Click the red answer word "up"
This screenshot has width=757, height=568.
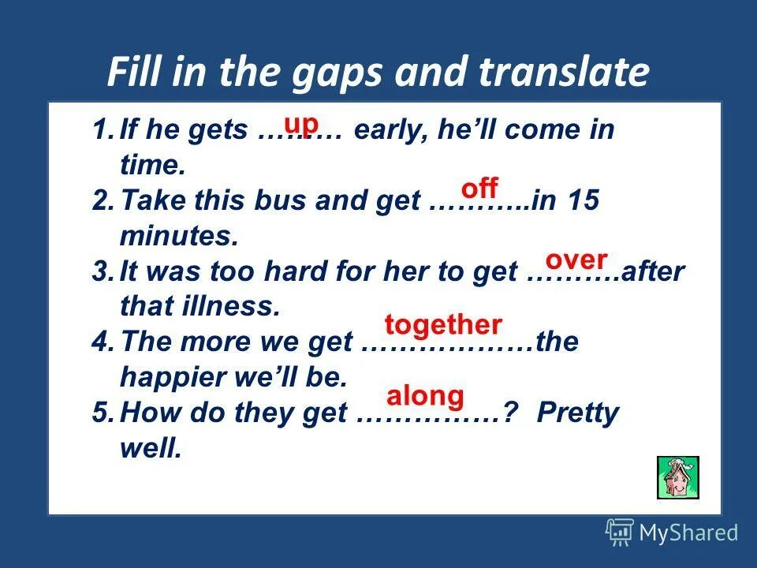(301, 124)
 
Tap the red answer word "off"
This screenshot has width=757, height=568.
(479, 189)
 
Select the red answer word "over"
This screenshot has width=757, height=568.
(576, 260)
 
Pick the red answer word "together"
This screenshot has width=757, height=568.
(443, 324)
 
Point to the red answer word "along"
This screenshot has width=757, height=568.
(425, 395)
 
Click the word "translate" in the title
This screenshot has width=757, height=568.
(564, 73)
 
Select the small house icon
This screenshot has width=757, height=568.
(678, 477)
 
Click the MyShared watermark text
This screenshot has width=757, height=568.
(688, 532)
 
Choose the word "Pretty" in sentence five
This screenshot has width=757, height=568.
(578, 413)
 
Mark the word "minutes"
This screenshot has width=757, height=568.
(177, 234)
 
